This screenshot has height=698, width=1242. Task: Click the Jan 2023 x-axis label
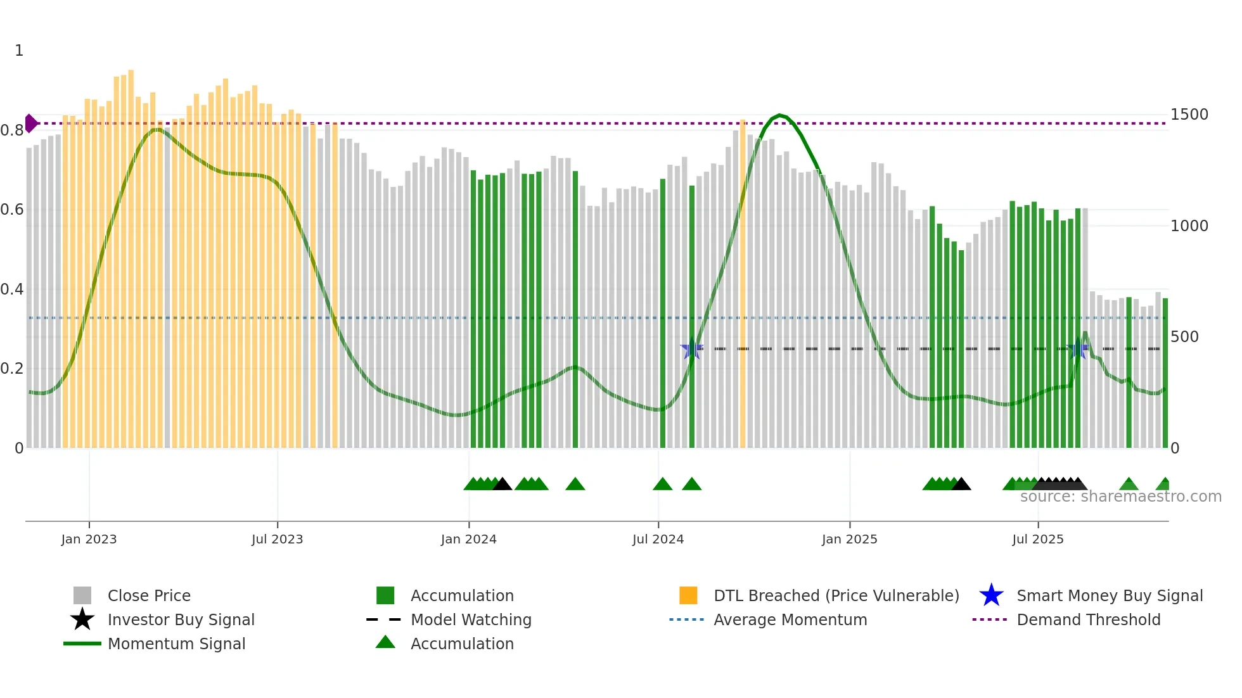[x=89, y=539]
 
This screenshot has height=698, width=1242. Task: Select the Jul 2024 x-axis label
[x=658, y=539]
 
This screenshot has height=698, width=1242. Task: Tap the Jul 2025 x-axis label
[x=1037, y=539]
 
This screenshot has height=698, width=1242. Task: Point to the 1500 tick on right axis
[x=1189, y=115]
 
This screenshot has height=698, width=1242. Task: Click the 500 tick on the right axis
[x=1184, y=337]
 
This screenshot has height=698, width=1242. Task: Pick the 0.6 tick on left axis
[x=12, y=210]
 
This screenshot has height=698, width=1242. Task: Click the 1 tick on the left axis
[x=19, y=51]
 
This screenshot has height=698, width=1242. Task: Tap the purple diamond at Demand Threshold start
[x=30, y=124]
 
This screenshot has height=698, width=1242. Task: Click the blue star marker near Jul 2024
[x=692, y=349]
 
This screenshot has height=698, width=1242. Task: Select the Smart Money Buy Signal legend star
[x=991, y=595]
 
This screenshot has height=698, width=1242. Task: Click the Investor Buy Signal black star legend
[x=82, y=619]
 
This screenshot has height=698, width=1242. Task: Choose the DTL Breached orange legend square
[x=688, y=595]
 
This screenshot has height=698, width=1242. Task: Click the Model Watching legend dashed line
[x=384, y=619]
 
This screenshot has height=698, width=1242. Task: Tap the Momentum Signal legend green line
[x=82, y=644]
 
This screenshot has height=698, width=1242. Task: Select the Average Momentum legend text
[x=790, y=619]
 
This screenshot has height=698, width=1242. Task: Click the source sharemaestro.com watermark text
[x=1120, y=497]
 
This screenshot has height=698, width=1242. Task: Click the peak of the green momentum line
[x=780, y=115]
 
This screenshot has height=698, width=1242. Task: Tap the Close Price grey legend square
[x=82, y=595]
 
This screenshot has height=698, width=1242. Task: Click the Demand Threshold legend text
[x=1088, y=619]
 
